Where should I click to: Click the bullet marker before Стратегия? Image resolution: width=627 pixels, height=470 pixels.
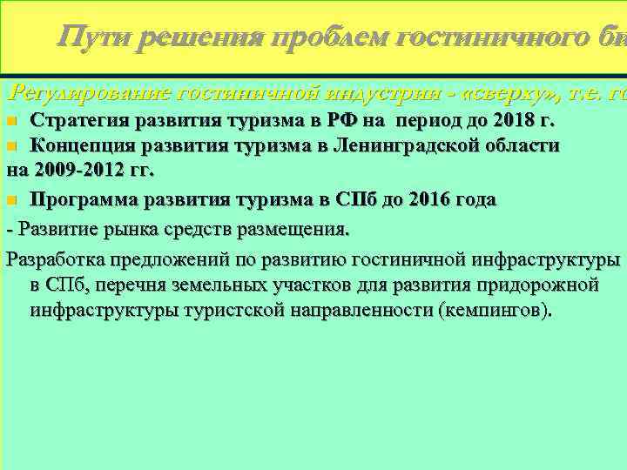pyautogui.click(x=11, y=118)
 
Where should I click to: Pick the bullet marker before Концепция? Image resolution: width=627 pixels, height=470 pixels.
pyautogui.click(x=11, y=145)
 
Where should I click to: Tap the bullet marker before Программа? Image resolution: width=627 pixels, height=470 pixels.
pyautogui.click(x=11, y=200)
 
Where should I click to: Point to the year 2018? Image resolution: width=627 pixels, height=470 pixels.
pyautogui.click(x=517, y=118)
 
